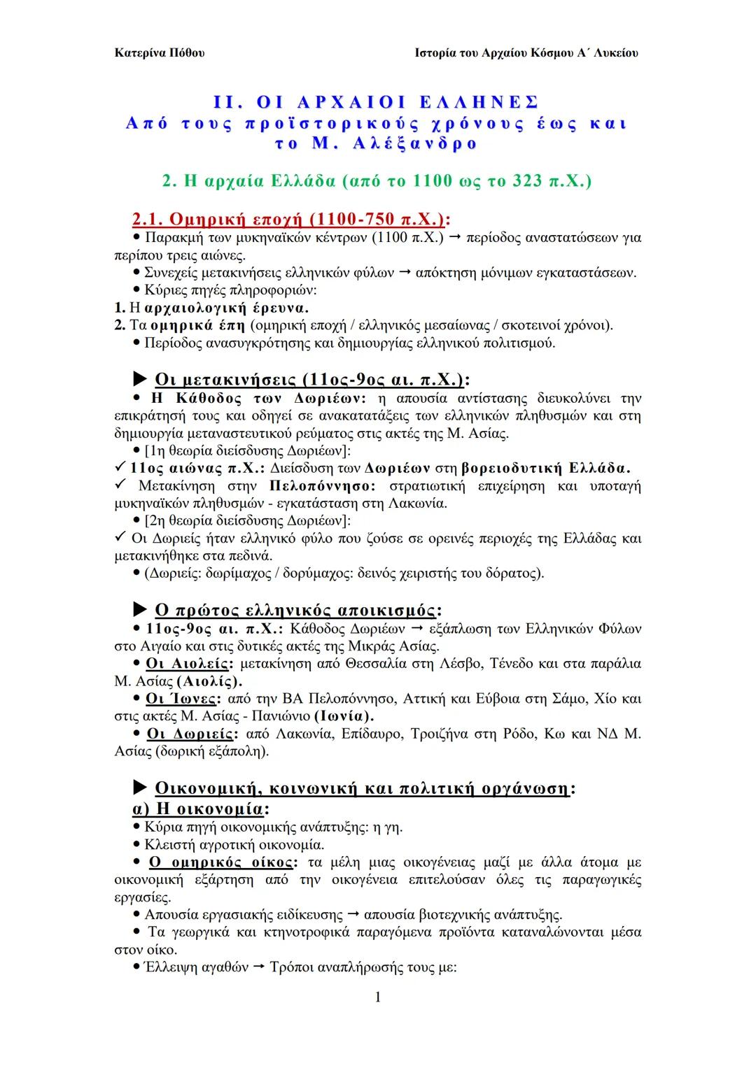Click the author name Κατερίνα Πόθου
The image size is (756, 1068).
pos(159,53)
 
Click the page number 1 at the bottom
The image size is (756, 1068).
pos(378,997)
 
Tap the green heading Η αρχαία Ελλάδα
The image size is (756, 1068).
pos(377,181)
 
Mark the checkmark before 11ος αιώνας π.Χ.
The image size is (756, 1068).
pos(120,467)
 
